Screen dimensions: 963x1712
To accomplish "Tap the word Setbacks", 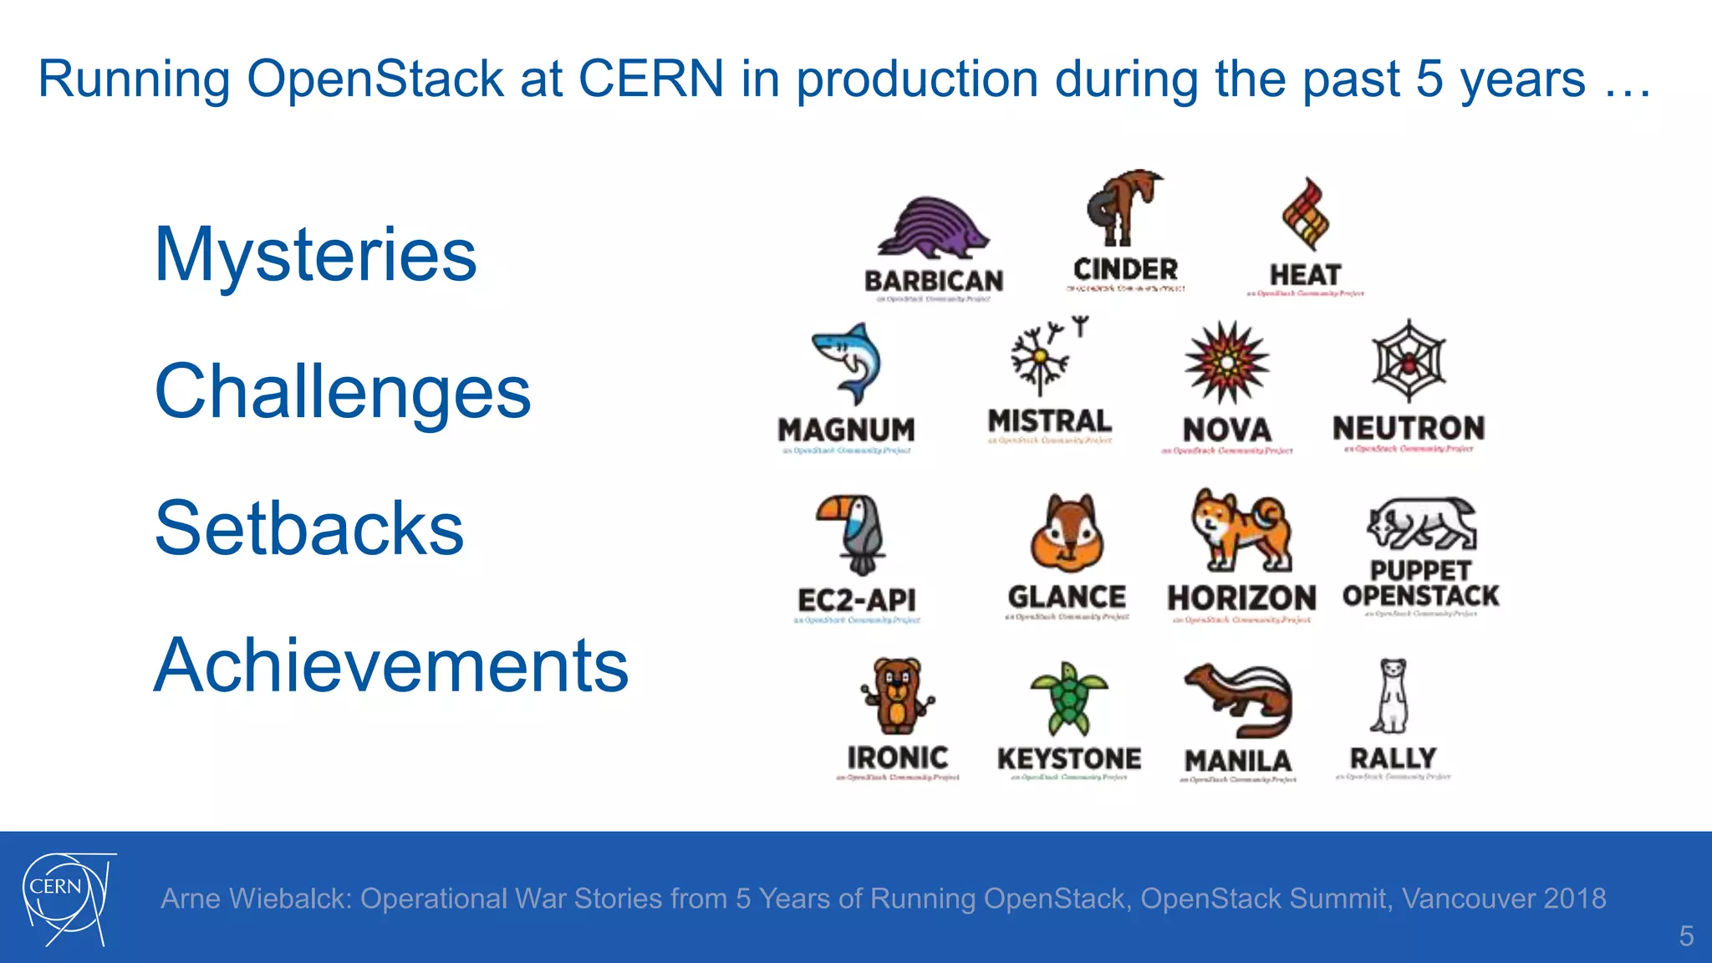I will (309, 527).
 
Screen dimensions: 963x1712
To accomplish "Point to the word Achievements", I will (391, 665).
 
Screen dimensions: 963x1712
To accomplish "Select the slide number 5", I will (1686, 935).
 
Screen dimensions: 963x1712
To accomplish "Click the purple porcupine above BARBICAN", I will (931, 227).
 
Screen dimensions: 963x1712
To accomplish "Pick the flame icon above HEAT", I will (1305, 215).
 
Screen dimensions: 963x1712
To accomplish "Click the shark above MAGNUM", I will (848, 364).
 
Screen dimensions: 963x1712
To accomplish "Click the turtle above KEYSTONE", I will (1068, 699).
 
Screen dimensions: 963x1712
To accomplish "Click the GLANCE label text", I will (1067, 597).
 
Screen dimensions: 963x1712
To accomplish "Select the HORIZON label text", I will (1241, 599).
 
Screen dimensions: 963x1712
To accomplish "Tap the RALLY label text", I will (1393, 758).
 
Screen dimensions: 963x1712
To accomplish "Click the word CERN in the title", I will (650, 79).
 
